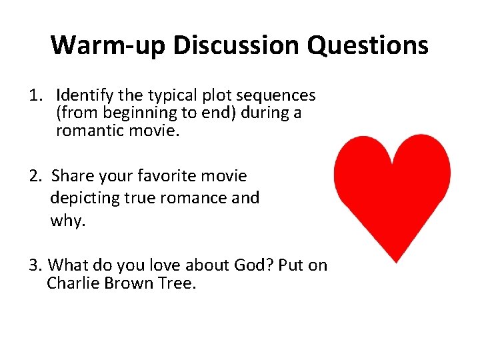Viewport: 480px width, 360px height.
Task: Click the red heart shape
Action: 392,187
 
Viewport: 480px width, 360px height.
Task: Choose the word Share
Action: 72,176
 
